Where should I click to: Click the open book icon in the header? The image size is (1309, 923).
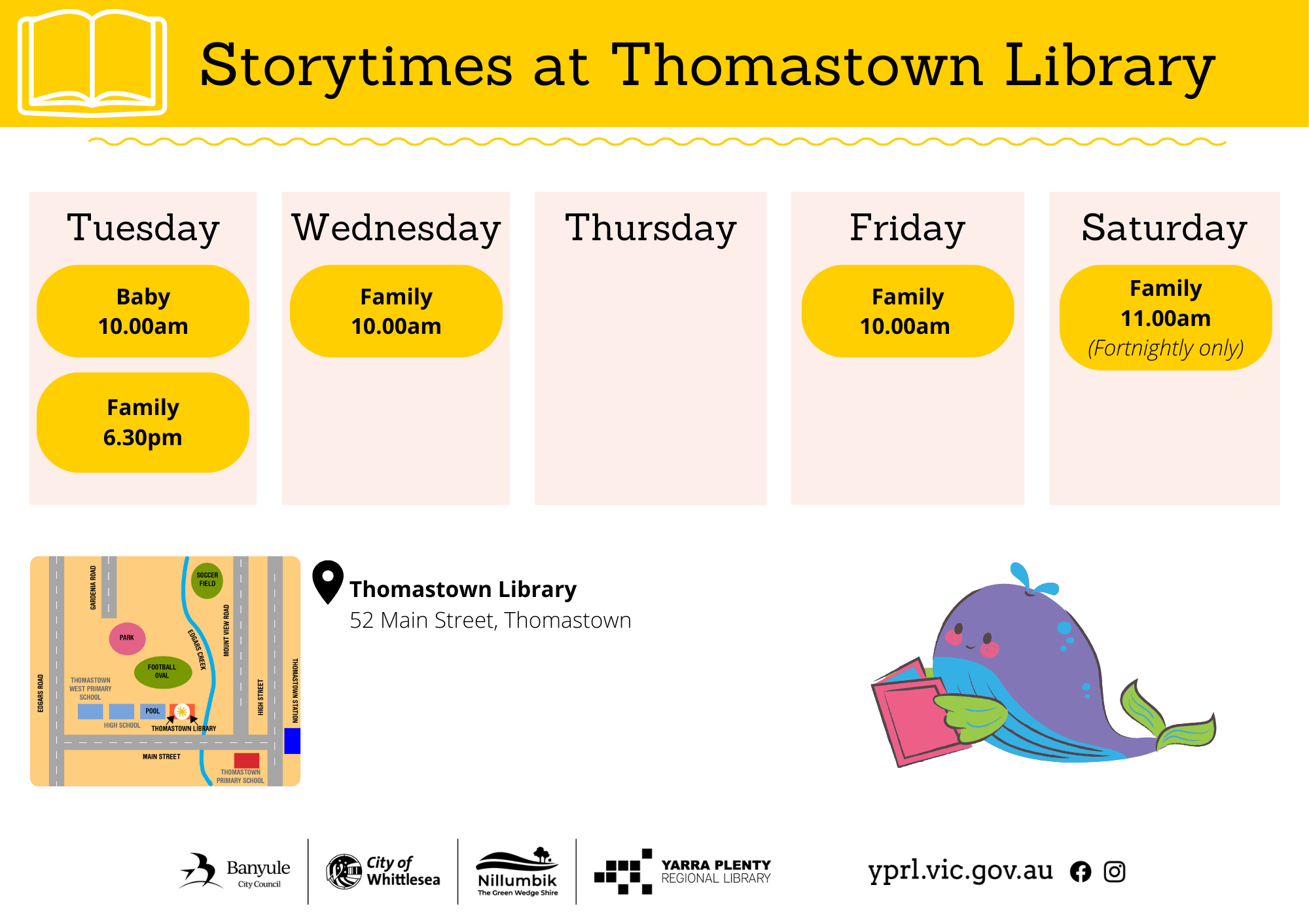point(92,62)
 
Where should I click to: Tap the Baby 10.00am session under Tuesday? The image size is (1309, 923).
point(143,311)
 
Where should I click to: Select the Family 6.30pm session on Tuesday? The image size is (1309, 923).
point(143,422)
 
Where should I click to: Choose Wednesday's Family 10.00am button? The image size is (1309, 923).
point(396,311)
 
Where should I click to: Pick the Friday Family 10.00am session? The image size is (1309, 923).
point(907,311)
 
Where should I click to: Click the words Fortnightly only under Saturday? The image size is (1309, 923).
point(1166,348)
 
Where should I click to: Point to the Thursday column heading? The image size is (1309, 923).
point(651,228)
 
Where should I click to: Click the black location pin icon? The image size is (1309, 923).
point(328,581)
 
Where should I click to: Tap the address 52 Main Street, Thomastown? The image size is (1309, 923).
point(490,620)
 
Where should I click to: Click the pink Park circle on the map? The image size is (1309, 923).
point(127,638)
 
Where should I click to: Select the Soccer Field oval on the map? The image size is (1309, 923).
point(207,580)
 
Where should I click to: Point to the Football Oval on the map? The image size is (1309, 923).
point(162,672)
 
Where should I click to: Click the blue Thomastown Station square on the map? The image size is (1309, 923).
point(292,740)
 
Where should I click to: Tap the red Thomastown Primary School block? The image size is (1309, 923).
point(247,761)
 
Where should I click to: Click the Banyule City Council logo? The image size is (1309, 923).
point(235,871)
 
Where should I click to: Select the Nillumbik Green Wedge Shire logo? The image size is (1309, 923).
point(517,872)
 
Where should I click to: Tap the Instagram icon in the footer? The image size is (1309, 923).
point(1114,871)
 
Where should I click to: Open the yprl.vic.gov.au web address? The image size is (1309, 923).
point(960,871)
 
